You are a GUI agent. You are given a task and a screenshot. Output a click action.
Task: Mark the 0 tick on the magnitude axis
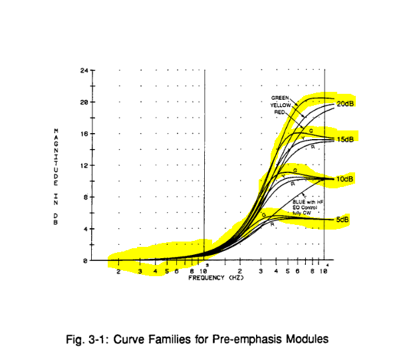click(86, 261)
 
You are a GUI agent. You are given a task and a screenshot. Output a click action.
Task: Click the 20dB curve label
click(346, 104)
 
